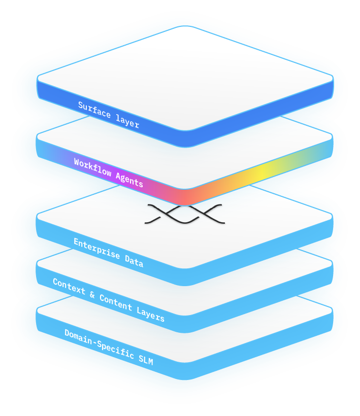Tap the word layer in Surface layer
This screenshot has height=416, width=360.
[126, 122]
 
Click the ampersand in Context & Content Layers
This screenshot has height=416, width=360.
[94, 294]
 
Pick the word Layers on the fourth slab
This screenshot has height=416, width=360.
[151, 314]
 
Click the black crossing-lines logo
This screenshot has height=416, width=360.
[185, 214]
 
